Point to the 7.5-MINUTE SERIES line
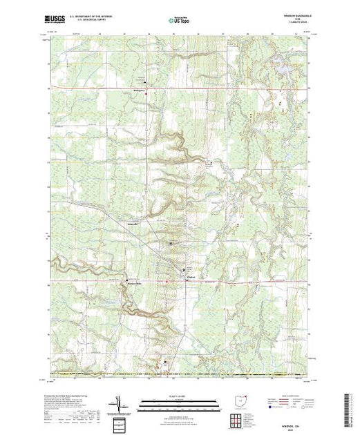[295, 24]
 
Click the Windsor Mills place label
[133, 282]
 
